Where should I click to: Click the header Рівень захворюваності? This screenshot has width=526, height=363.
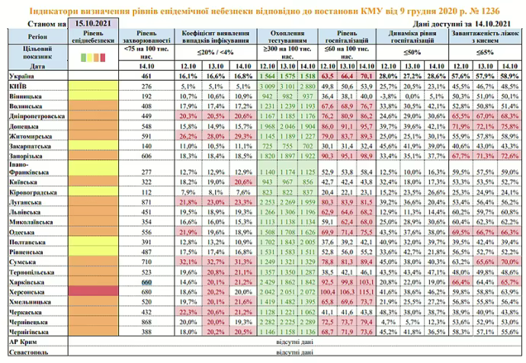click(148, 40)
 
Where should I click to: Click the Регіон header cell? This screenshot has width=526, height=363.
click(34, 36)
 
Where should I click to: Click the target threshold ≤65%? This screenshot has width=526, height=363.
click(485, 52)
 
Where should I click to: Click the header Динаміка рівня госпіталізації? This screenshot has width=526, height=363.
click(412, 40)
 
